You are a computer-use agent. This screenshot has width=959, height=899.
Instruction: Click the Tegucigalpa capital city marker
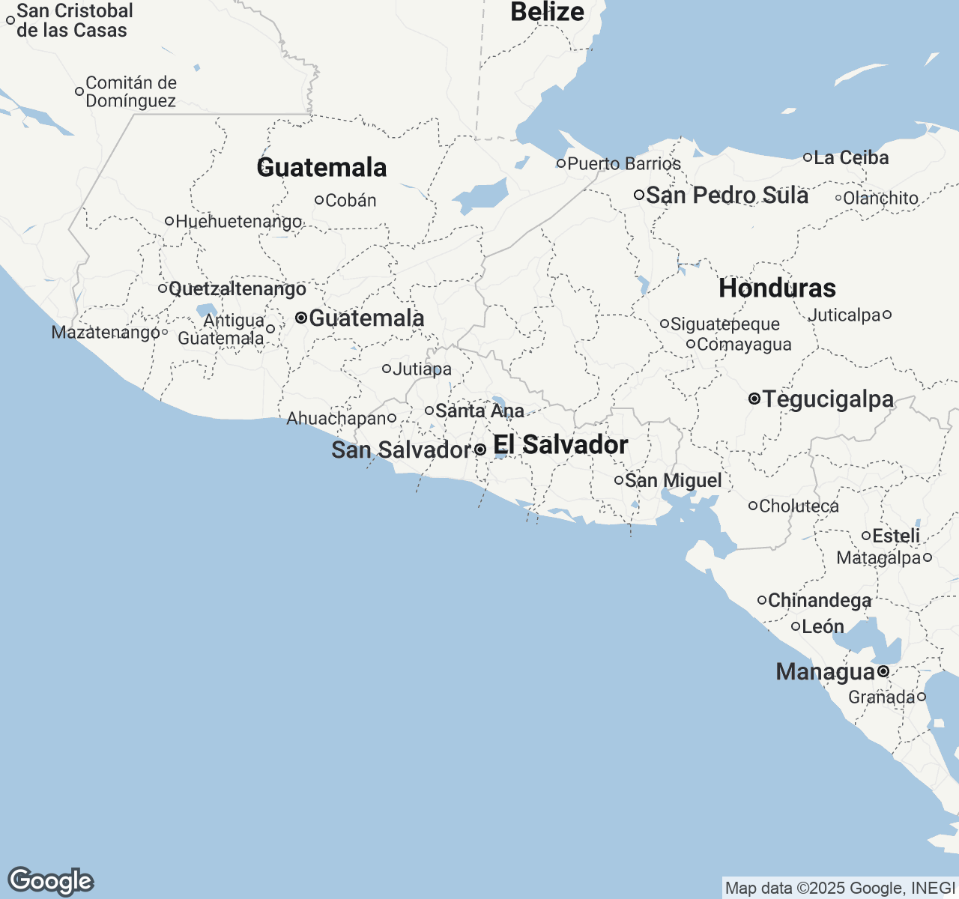754,399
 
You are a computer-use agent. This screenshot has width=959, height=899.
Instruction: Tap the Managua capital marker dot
883,671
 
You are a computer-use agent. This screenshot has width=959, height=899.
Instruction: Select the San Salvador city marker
480,449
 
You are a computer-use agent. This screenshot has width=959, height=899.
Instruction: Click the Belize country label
547,12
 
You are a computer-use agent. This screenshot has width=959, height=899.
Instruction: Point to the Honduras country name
777,288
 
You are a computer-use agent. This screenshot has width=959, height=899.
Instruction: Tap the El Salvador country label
560,445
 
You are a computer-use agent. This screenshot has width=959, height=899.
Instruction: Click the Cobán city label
351,201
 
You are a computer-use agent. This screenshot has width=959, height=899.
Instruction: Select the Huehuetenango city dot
169,221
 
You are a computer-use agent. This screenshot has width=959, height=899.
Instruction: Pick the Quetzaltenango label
238,289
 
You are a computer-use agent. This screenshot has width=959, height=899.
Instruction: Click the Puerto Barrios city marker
560,163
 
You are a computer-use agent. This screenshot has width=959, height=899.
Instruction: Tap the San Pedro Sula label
727,196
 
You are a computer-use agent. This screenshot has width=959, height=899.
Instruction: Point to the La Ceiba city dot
808,157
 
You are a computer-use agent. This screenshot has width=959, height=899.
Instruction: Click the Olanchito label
880,199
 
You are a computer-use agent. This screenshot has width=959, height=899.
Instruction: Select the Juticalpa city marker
887,315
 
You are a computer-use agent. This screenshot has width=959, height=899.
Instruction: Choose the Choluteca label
799,506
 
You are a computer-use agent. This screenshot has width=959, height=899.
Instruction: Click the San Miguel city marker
619,480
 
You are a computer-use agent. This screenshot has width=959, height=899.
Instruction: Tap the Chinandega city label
820,601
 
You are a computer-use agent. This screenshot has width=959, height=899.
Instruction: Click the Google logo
50,881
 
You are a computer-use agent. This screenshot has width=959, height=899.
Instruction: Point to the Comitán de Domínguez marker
79,92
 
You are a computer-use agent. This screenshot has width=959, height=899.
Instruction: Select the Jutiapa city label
423,369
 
